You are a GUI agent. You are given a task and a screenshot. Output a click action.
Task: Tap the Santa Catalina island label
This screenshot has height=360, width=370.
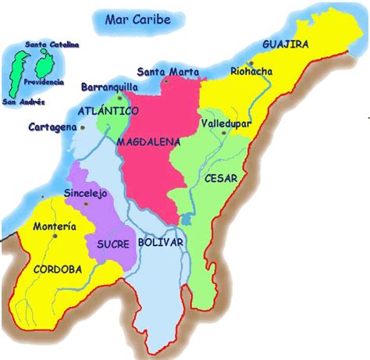(x=52, y=45)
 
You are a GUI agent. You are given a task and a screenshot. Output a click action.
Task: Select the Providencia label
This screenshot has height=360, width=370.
(x=44, y=81)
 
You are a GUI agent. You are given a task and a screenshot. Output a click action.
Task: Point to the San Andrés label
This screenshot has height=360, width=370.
(x=23, y=102)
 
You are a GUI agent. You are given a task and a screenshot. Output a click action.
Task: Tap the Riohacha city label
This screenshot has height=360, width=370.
(x=251, y=72)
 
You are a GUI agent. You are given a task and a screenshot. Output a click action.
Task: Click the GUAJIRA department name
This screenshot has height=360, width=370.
(x=286, y=44)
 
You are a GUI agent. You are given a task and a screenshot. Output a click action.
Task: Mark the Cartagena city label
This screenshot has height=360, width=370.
(x=52, y=127)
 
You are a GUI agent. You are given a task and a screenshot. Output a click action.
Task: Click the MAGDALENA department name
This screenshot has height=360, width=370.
(x=148, y=143)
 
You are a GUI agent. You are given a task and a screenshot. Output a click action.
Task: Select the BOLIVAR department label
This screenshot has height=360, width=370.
(x=161, y=243)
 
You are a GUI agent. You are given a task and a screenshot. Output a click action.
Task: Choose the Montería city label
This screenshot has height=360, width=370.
(x=55, y=226)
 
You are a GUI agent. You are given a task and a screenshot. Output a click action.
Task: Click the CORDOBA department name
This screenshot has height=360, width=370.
(x=57, y=269)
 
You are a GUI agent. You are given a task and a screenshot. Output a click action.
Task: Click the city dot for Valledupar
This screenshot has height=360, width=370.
(x=224, y=134)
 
